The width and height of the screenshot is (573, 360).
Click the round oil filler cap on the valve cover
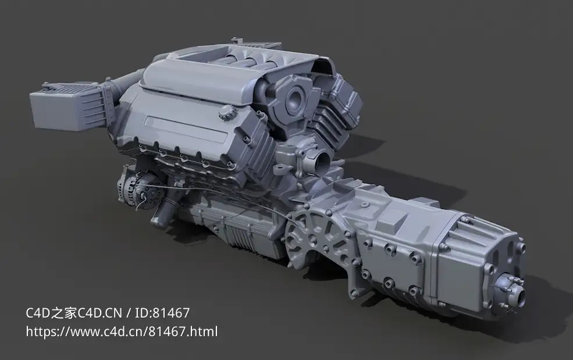click(x=227, y=112)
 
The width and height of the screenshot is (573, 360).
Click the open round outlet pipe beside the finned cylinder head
click(x=322, y=160)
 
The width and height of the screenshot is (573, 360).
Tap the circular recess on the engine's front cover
click(x=294, y=98)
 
